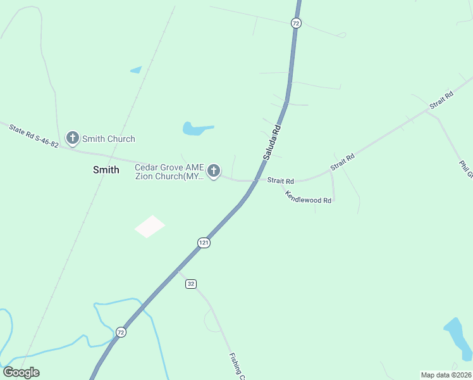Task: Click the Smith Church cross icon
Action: [x=73, y=138]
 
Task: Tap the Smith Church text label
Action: [x=108, y=139]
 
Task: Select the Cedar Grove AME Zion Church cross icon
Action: [x=214, y=170]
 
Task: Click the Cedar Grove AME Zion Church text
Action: [x=169, y=172]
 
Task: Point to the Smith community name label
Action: [x=106, y=170]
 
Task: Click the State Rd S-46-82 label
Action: [x=34, y=136]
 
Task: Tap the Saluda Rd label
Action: [x=272, y=142]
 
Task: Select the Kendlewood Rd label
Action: [x=308, y=197]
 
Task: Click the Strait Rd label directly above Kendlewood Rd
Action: [x=281, y=180]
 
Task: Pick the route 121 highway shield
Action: [x=203, y=243]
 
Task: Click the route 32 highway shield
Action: [x=191, y=284]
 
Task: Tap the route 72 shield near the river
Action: [x=121, y=332]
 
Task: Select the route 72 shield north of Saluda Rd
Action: [x=296, y=23]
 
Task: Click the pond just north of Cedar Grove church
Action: [x=197, y=129]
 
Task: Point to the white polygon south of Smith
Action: [x=150, y=226]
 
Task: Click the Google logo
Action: [x=21, y=372]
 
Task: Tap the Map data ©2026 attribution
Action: [x=446, y=375]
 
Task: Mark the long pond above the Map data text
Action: [x=458, y=337]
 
